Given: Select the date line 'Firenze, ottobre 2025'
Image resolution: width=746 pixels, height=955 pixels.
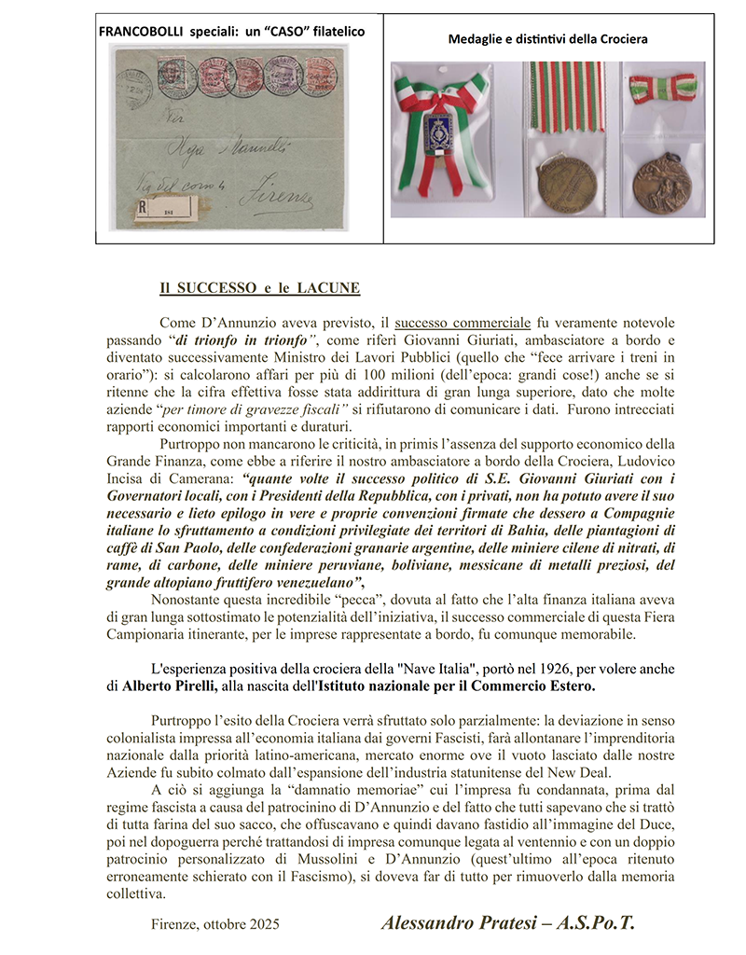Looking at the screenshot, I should pyautogui.click(x=214, y=924).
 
